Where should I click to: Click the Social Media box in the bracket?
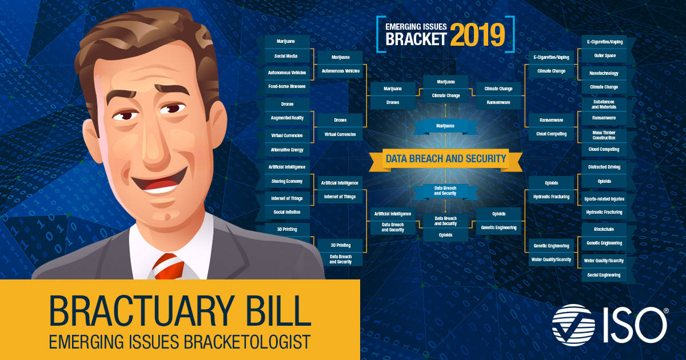tap(288, 57)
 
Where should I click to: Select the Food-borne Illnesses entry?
tap(288, 86)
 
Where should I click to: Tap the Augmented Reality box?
tap(288, 118)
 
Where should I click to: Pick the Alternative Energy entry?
tap(288, 150)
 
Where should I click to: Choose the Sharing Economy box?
tap(288, 181)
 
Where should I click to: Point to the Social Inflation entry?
tap(288, 212)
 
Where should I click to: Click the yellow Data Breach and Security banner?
tap(446, 159)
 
